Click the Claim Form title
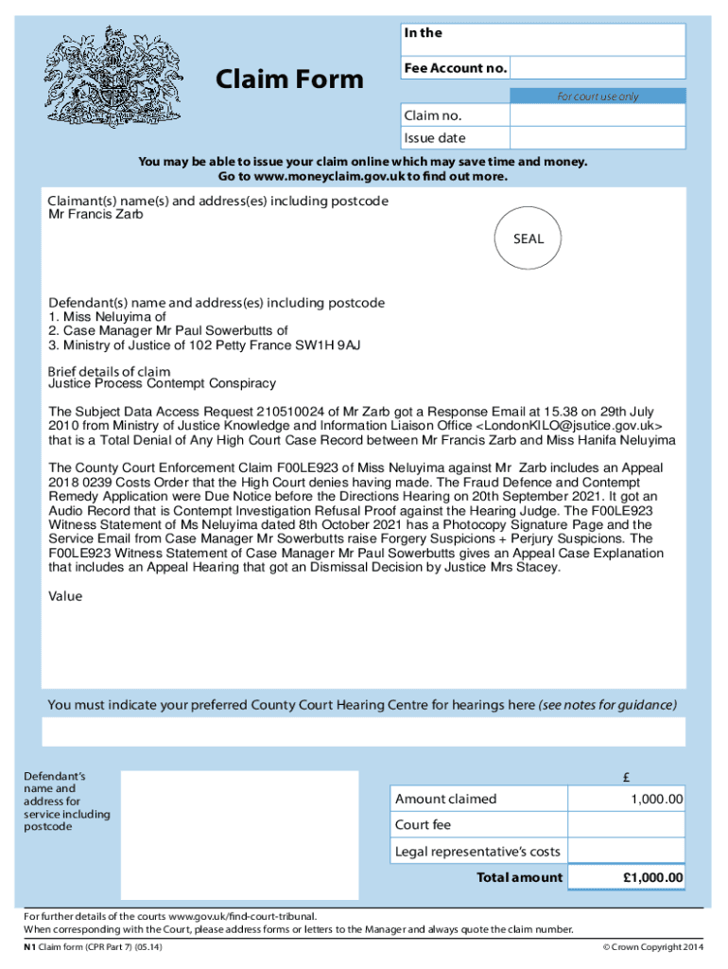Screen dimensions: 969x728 tap(289, 79)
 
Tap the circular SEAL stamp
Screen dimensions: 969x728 tap(529, 239)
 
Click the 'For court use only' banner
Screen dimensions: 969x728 tap(598, 97)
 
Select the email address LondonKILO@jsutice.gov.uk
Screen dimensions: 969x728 tap(564, 427)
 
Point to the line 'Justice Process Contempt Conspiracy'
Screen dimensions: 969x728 tap(162, 383)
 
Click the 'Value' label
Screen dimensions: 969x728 tap(65, 596)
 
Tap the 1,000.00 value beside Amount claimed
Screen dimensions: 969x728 tap(657, 800)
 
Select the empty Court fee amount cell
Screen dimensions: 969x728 tap(629, 825)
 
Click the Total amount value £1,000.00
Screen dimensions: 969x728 tap(652, 878)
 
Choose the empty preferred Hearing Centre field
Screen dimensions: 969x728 tap(364, 731)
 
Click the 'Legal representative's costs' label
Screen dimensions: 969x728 tap(477, 852)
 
